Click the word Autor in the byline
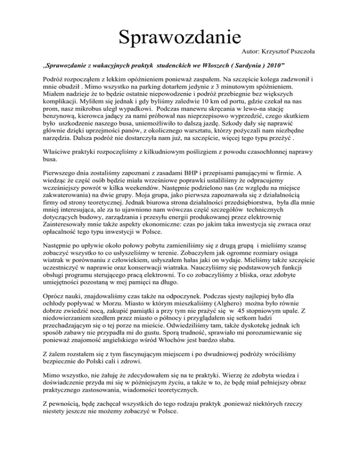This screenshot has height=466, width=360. point(252,49)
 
